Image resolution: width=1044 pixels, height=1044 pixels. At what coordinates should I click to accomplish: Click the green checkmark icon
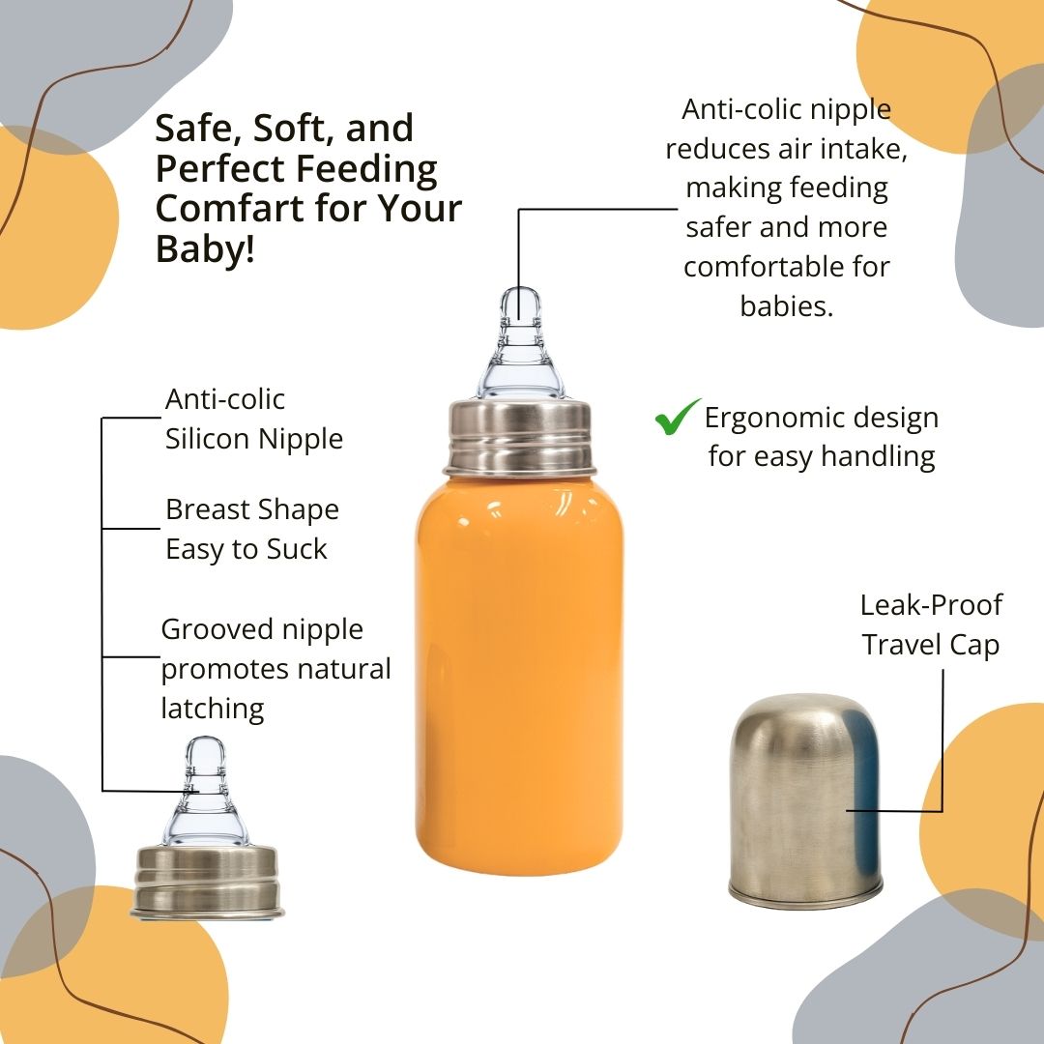point(676,418)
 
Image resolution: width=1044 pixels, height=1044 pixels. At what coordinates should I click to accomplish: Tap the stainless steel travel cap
point(805,799)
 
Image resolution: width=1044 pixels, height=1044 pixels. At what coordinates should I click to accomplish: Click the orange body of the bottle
point(519,673)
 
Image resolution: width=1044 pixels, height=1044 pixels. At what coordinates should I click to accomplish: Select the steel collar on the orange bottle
point(520,437)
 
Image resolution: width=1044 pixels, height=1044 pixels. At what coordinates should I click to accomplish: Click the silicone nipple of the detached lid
point(205,793)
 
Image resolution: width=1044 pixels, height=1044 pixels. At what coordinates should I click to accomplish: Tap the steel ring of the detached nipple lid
point(207,882)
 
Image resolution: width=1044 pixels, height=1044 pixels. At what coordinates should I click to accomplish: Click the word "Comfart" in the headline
point(228,209)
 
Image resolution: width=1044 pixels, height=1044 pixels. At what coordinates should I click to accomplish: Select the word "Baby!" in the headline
point(205,248)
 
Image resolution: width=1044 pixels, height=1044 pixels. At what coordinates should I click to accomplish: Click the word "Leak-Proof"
point(931,605)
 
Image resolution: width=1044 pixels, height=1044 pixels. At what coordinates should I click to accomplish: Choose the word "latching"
point(213,710)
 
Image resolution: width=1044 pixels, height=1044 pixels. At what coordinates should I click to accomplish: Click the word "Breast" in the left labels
point(208,510)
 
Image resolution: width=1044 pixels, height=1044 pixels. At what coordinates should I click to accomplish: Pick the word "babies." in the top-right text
point(786,306)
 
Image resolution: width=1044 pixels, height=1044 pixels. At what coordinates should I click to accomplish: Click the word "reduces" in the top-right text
point(717,149)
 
